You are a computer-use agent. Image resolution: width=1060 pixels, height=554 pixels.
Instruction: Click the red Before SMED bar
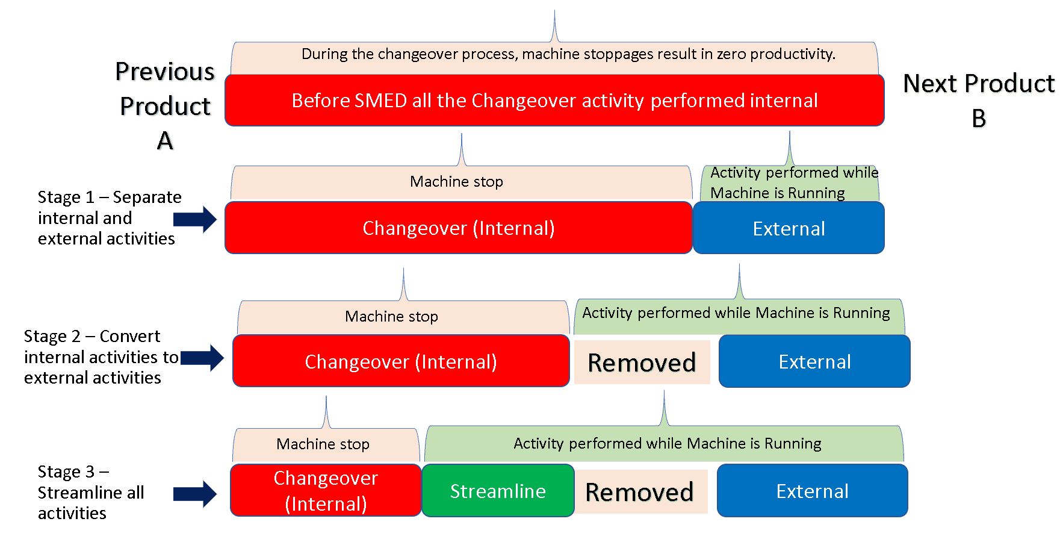[554, 100]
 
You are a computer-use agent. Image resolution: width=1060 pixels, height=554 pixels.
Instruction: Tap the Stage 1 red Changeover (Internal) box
[458, 228]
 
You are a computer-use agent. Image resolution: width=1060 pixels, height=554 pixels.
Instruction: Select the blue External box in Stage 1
[789, 228]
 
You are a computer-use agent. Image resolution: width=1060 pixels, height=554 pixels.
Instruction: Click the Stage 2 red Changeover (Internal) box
[401, 361]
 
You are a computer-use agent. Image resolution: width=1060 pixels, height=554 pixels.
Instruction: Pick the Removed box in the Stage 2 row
[642, 363]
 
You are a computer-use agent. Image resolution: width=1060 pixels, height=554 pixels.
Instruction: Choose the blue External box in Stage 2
[814, 361]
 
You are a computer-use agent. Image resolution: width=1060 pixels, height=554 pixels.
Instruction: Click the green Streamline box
[498, 491]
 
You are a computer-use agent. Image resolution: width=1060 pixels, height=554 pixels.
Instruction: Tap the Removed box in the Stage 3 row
[639, 492]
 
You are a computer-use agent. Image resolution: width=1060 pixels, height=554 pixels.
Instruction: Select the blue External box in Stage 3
[812, 491]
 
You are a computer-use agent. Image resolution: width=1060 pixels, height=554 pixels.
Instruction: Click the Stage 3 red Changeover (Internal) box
[326, 490]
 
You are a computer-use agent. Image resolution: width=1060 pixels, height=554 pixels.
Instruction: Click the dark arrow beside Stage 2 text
[202, 358]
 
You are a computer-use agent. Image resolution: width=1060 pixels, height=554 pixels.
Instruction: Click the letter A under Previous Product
[165, 141]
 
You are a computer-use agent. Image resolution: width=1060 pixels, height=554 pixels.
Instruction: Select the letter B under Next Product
[979, 118]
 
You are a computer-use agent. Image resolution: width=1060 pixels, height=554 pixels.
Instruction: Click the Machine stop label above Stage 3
[323, 444]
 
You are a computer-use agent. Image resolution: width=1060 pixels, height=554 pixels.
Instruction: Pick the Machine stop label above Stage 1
[456, 182]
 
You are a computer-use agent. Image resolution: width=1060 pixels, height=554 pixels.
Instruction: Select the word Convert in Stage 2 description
[129, 336]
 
